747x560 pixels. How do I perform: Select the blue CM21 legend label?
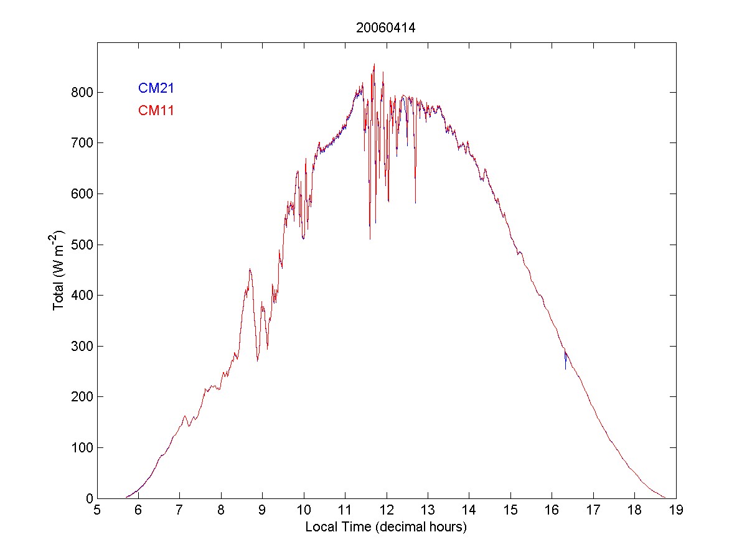point(156,88)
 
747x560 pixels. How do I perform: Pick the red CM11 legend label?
point(156,111)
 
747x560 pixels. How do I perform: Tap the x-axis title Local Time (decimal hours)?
point(386,527)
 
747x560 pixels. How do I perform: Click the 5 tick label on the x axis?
point(97,511)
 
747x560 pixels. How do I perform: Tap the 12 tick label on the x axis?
point(387,511)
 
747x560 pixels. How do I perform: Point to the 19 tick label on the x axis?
point(676,511)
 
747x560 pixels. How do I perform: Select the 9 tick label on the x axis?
point(262,511)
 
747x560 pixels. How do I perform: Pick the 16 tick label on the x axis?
point(552,511)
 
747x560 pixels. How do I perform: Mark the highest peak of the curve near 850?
point(374,64)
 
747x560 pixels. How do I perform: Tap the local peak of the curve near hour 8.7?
point(250,269)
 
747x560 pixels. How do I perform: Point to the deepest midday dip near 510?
point(370,238)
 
